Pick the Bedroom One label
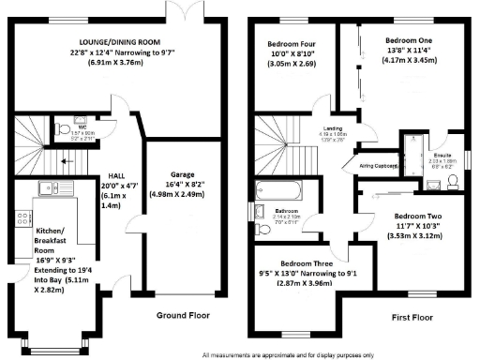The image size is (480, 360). (x=410, y=41)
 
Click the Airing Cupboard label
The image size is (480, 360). (x=378, y=165)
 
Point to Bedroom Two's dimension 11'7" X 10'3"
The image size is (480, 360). (x=414, y=227)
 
